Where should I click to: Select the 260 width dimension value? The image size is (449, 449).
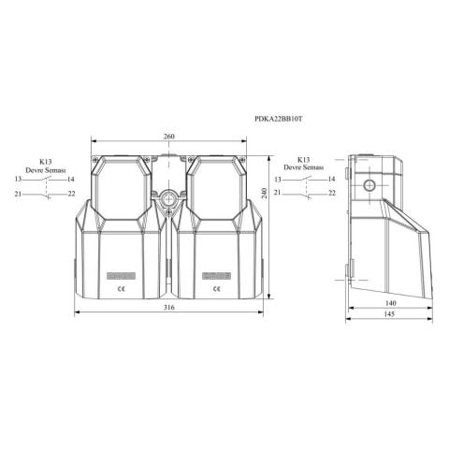[168, 137]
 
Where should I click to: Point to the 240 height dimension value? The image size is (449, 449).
[266, 192]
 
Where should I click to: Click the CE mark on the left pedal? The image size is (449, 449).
[121, 289]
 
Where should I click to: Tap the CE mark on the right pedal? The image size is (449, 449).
[216, 289]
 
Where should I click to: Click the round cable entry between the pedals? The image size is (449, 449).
[168, 198]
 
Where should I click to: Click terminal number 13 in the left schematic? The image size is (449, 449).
[18, 178]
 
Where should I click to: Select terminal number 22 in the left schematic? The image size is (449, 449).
[72, 194]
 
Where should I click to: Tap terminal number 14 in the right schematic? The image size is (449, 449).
[332, 178]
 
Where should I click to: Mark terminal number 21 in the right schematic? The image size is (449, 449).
[279, 193]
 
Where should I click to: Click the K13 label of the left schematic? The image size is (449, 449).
[45, 160]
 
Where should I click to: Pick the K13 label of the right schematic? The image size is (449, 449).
[305, 159]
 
